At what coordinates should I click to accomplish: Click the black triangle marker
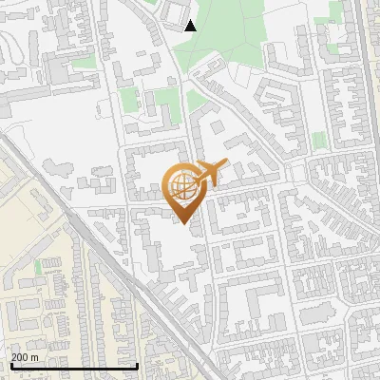pos(190,26)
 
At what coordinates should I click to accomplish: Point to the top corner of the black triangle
pos(190,20)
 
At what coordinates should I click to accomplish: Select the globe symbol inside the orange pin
pos(186,186)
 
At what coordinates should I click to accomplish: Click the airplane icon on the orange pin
pos(207,174)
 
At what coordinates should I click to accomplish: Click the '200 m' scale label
pos(25,357)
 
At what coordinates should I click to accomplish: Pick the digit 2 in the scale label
pos(14,357)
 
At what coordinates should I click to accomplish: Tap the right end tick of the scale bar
pos(138,365)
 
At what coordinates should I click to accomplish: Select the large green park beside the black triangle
pos(228,28)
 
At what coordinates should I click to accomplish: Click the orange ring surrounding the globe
pos(172,186)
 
